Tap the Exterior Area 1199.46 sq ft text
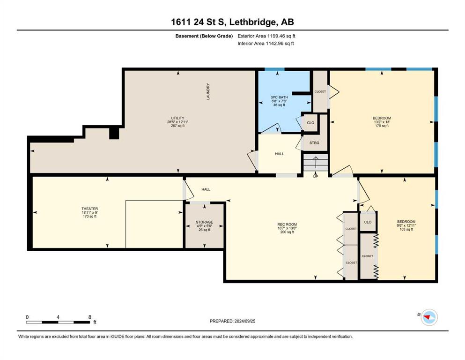point(266,36)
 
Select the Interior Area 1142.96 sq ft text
point(266,43)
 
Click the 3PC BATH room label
point(279,97)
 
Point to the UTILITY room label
point(177,118)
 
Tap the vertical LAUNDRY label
point(208,91)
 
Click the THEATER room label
point(90,209)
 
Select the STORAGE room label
point(204,222)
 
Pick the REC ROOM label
point(287,225)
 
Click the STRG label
point(314,143)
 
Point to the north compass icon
point(429,317)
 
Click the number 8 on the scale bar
point(90,317)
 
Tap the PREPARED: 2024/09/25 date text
point(232,321)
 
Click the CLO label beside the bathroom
point(310,122)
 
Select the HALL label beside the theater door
point(206,189)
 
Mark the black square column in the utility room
point(114,133)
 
